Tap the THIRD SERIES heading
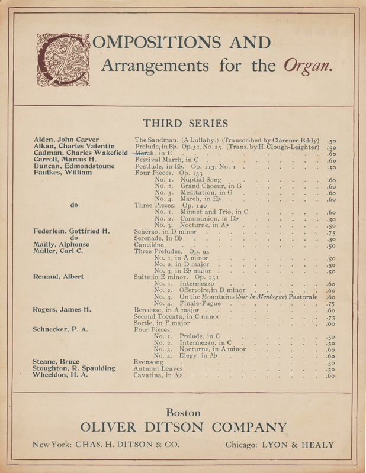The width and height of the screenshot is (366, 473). tap(185, 123)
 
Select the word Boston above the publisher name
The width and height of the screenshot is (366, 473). tap(183, 412)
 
